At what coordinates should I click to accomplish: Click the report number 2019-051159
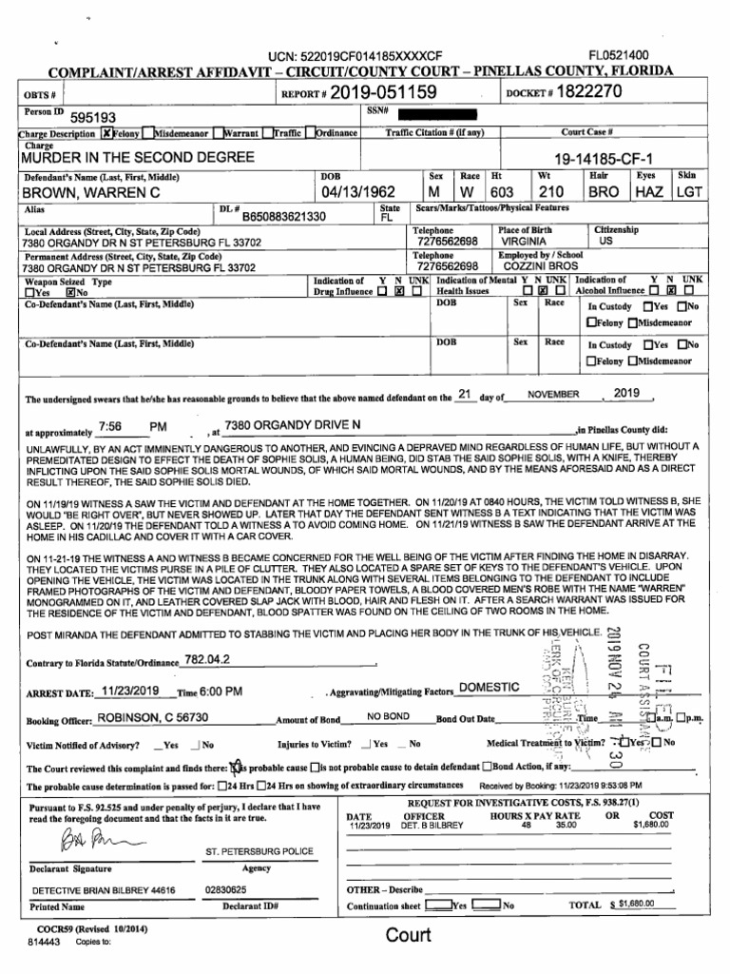[384, 92]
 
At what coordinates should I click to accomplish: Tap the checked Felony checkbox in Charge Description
[107, 133]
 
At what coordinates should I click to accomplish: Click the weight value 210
[551, 192]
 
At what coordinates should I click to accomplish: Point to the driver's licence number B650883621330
[284, 216]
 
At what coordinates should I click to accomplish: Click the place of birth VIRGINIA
[523, 243]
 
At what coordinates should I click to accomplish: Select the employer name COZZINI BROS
[539, 267]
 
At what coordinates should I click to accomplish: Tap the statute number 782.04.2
[206, 659]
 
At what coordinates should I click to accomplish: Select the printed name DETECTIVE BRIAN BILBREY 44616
[104, 890]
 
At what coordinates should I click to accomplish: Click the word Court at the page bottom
[408, 934]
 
